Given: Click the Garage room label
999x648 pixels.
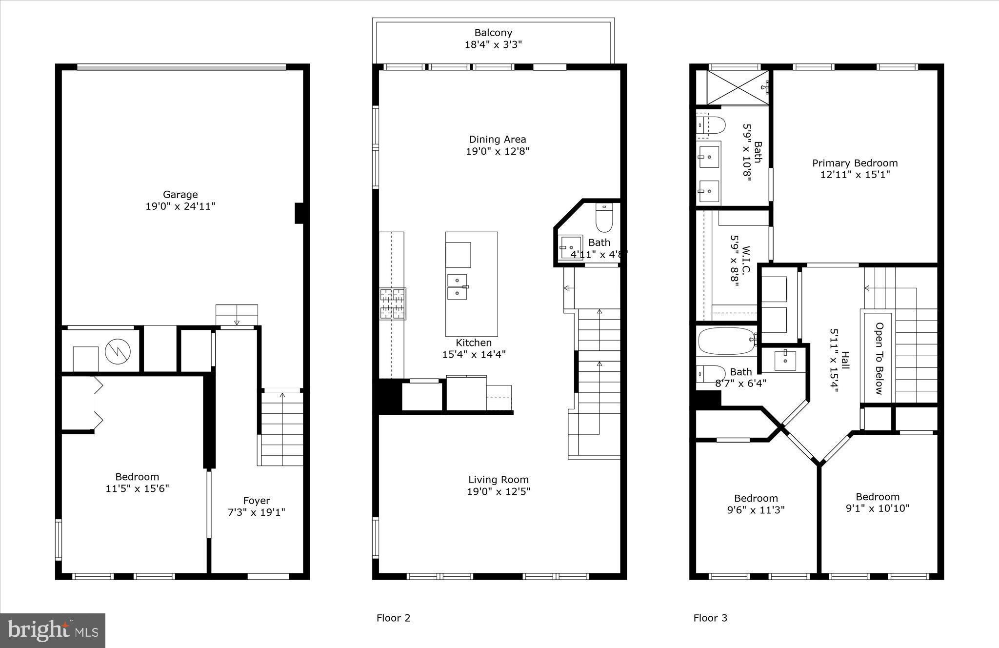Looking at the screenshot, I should [x=180, y=195].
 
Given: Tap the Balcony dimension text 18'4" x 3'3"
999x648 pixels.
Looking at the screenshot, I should [x=493, y=45].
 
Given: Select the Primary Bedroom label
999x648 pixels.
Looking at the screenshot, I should [x=855, y=163].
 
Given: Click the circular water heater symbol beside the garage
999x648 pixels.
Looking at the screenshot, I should [x=118, y=351].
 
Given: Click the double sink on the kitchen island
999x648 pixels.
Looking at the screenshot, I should [x=457, y=286].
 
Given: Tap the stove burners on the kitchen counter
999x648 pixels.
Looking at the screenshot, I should [x=393, y=304].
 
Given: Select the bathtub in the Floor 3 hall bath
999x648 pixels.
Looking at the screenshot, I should [x=726, y=340].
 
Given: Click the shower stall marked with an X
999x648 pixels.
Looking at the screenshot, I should [x=737, y=87].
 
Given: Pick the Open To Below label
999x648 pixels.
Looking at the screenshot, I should [x=879, y=358].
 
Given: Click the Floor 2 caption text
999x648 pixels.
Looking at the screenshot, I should [x=393, y=618].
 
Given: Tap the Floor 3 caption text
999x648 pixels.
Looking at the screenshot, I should [x=710, y=618].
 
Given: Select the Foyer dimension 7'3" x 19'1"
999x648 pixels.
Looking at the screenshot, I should [x=256, y=512].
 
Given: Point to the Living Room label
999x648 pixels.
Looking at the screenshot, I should [x=498, y=480].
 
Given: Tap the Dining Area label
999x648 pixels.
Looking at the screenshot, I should [x=497, y=140].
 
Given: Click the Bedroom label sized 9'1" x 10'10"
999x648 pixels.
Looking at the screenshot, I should [x=877, y=497].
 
